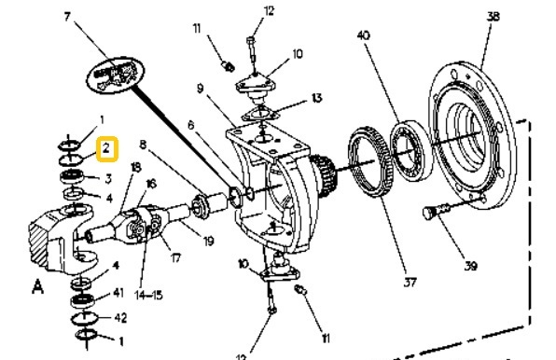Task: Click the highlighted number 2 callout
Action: tap(107, 147)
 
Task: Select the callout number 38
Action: tap(493, 16)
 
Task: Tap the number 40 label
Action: tap(364, 35)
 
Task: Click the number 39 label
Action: tap(470, 267)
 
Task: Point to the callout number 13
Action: tap(317, 97)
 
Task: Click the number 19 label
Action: tap(208, 242)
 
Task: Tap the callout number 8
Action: tap(143, 145)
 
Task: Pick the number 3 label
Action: tap(108, 178)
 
